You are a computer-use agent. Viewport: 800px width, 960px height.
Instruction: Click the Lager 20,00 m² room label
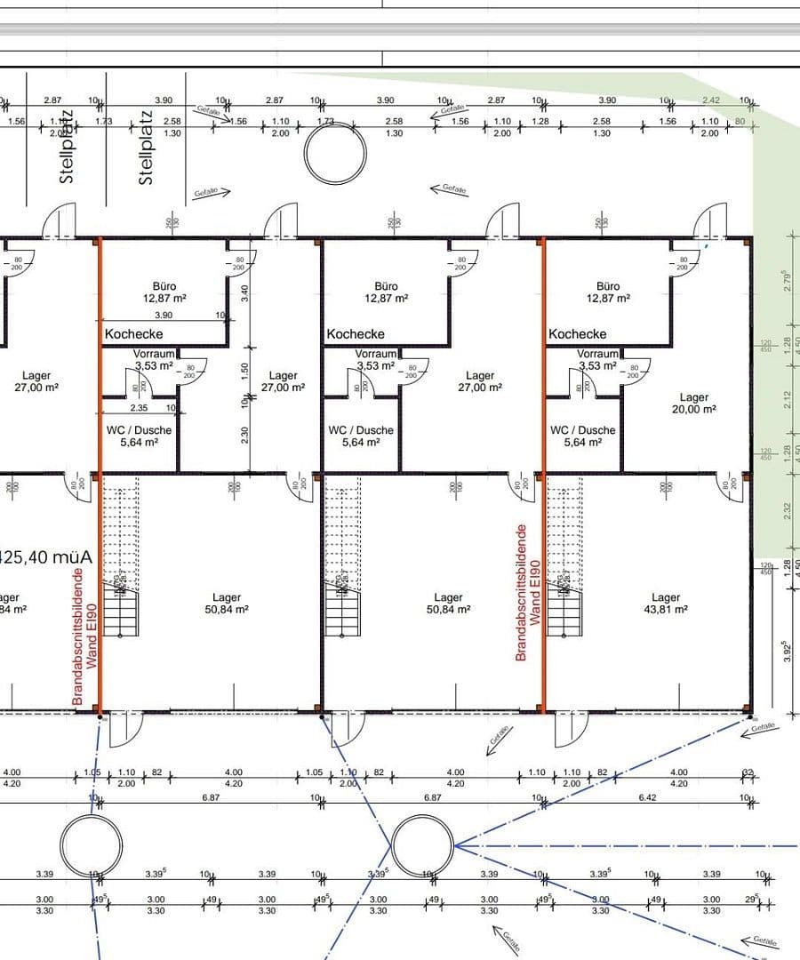click(x=693, y=404)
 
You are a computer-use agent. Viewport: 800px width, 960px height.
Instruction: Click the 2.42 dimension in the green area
click(x=710, y=101)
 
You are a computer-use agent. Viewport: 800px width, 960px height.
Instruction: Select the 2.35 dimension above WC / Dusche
click(x=139, y=408)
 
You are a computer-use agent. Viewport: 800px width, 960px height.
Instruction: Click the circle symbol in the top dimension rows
click(x=335, y=154)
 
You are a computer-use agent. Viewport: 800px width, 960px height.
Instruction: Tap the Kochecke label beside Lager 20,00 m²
click(x=577, y=334)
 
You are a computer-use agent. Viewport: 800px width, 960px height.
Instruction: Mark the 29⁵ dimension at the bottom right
click(x=752, y=900)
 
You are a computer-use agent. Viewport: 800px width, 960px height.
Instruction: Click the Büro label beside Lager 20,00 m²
click(x=608, y=292)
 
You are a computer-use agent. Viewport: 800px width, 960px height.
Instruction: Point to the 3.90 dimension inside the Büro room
click(x=164, y=316)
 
